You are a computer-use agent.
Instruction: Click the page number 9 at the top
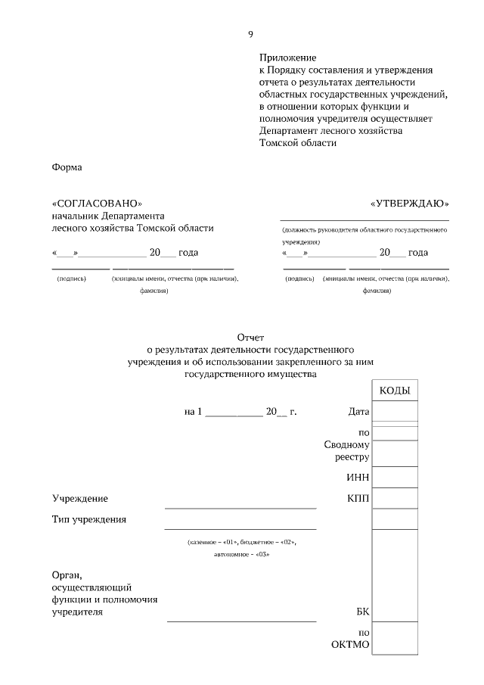tap(250, 34)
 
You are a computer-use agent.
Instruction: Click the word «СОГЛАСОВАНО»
tap(97, 204)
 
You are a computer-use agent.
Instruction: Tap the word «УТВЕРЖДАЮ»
tap(409, 204)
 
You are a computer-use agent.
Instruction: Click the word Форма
tap(67, 167)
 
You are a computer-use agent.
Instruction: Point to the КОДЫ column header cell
tap(394, 390)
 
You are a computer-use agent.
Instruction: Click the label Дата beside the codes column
tap(358, 412)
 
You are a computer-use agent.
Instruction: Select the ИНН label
tap(358, 478)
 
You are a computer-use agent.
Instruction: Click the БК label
tap(362, 612)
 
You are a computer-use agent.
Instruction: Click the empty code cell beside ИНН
tap(394, 477)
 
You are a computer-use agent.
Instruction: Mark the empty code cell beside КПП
tap(394, 498)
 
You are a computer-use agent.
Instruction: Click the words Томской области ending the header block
tap(297, 142)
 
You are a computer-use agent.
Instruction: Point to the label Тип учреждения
tap(89, 519)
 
